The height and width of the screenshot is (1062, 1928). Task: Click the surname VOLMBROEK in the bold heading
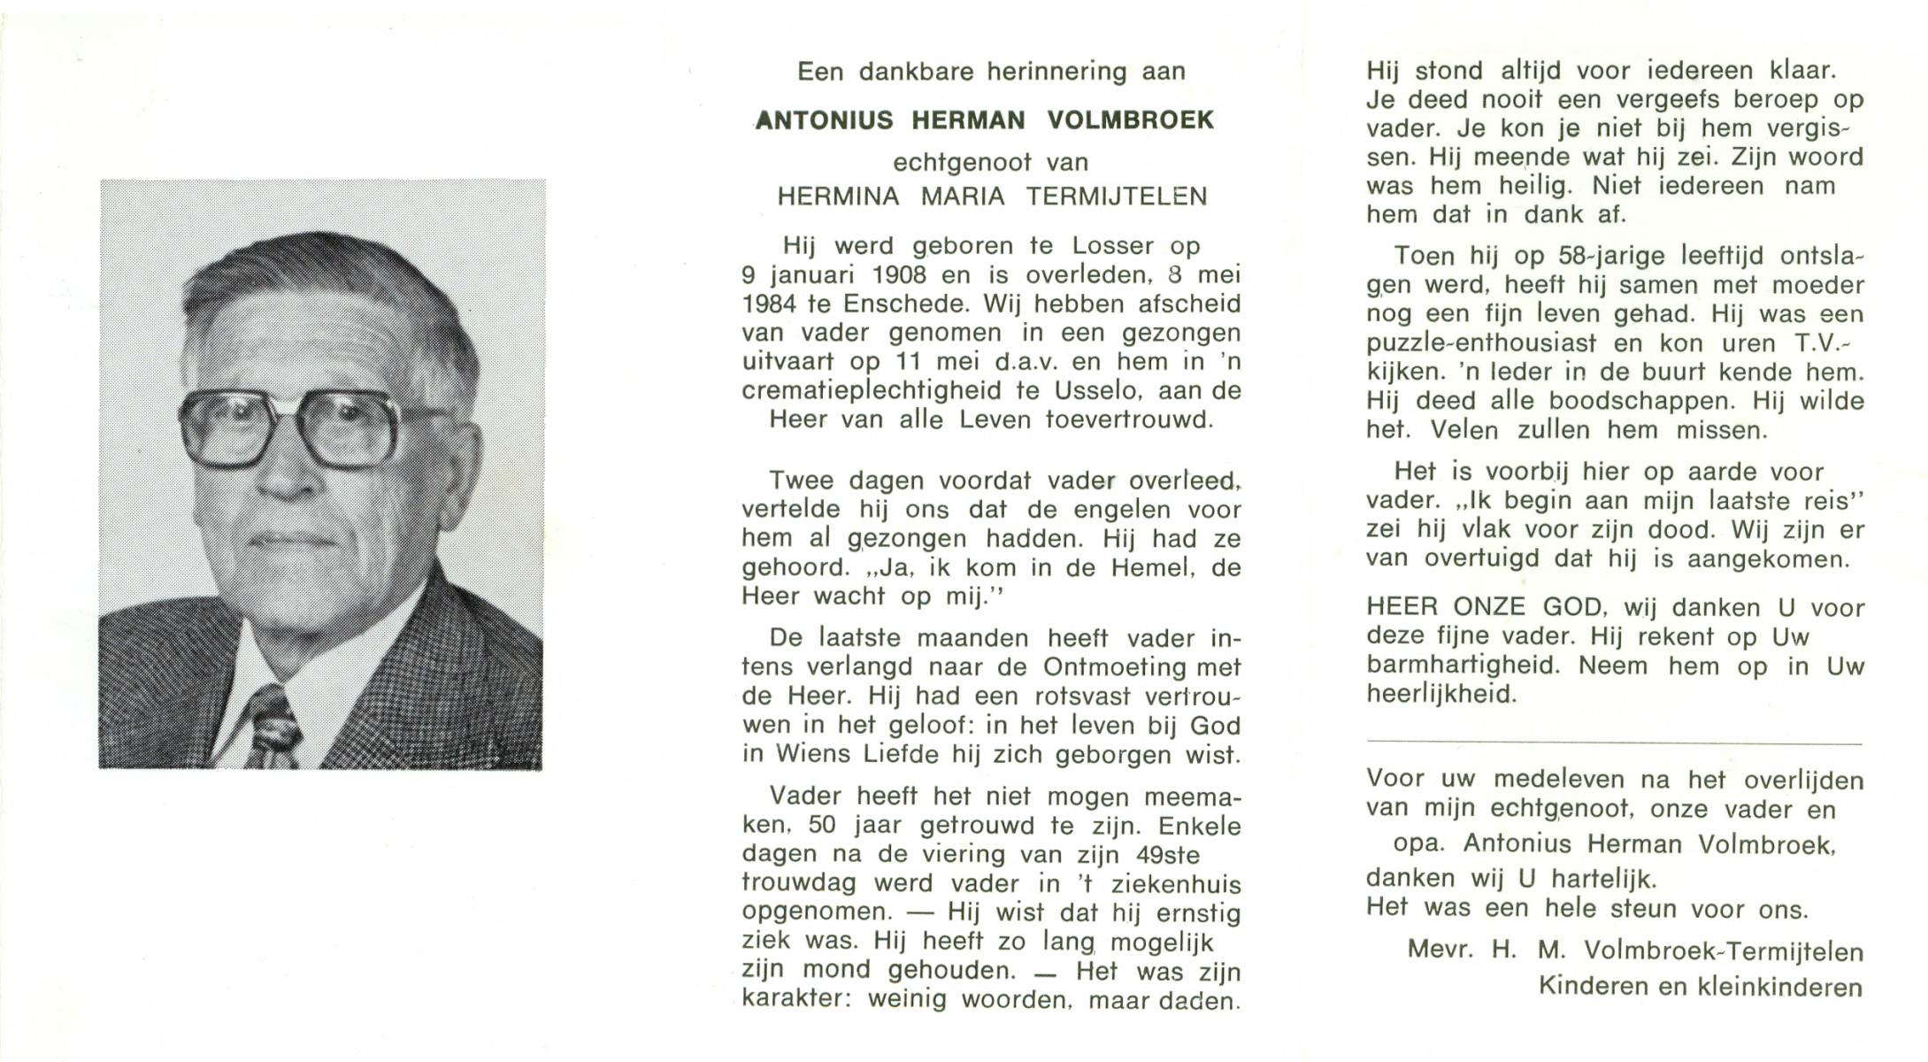tap(1130, 119)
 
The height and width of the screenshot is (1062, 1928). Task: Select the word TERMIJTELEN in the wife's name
tap(1117, 196)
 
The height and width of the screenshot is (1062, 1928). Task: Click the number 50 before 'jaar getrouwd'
tap(822, 827)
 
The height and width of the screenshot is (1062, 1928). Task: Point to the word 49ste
tap(1164, 855)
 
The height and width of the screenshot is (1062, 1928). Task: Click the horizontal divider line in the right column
tap(1614, 744)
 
